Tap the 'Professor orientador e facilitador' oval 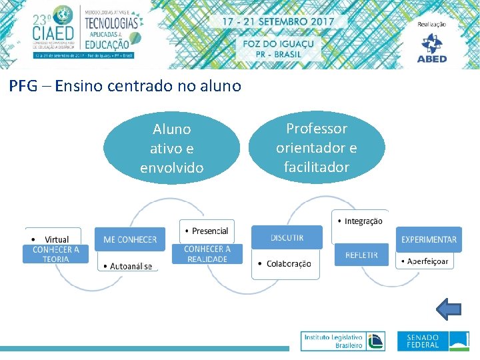pos(317,147)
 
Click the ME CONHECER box pos(130,239)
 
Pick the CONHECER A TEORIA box pos(56,254)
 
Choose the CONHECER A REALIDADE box pos(207,254)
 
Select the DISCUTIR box pos(287,237)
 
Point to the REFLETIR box pos(361,255)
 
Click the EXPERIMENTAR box pos(429,239)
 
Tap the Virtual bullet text pos(57,239)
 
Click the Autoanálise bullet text pos(131,266)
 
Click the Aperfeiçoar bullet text pos(427,261)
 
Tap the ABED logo pos(433,47)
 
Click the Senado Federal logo pos(433,341)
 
